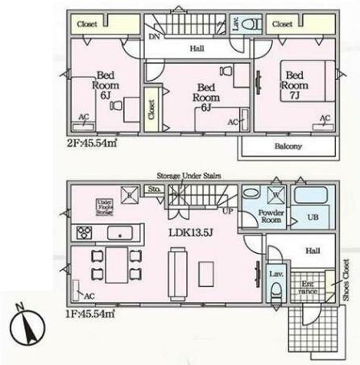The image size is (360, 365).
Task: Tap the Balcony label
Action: [x=287, y=146]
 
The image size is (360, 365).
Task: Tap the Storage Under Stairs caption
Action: [x=188, y=175]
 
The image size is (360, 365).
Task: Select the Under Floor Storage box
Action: [x=103, y=205]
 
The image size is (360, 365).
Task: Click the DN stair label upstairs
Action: [x=153, y=36]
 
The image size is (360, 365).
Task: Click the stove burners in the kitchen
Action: [x=85, y=234]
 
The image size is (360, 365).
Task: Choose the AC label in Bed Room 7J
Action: [x=325, y=119]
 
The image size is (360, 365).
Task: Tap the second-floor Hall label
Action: [x=196, y=49]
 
